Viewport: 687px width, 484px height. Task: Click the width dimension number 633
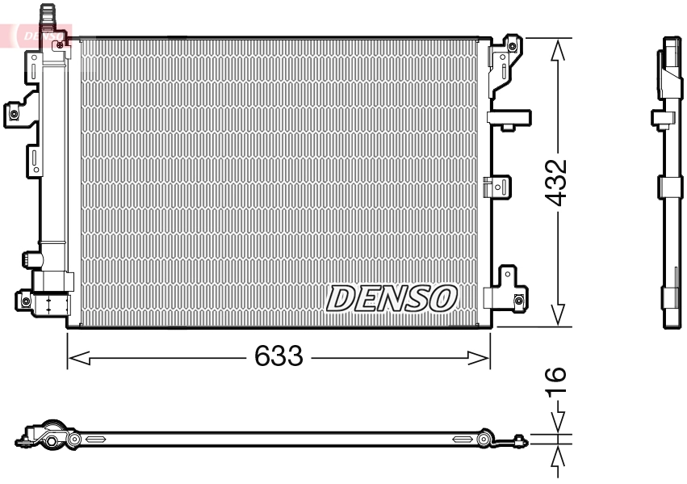279,356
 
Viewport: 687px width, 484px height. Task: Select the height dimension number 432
556,183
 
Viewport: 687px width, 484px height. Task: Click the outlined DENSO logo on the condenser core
392,298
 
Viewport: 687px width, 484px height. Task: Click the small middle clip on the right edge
496,187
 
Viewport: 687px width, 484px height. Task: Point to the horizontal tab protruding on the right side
509,118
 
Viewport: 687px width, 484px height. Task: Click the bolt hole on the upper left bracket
14,113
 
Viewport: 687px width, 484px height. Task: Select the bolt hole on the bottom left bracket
26,301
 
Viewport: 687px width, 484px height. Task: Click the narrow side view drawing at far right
669,182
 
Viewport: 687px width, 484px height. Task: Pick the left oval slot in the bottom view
95,439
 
